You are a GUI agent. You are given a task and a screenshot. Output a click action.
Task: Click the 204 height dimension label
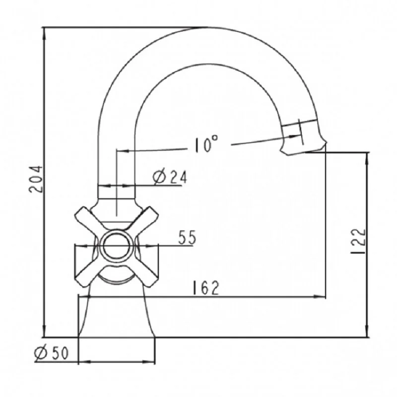coord(35,179)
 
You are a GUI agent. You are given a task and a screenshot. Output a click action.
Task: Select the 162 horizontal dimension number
coord(205,288)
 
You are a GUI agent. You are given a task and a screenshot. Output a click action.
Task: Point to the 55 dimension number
coord(187,237)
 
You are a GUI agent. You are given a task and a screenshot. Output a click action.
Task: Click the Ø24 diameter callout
coord(170,177)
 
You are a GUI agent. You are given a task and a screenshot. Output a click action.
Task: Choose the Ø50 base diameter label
coord(52,353)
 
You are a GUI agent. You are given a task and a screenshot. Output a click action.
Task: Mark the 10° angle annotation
coord(206,144)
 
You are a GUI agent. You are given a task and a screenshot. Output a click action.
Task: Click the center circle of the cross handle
coord(117,246)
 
